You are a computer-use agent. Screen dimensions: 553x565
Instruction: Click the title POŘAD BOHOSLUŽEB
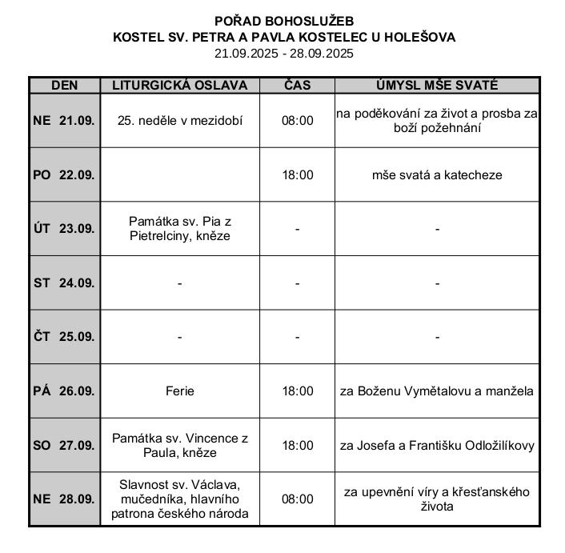coord(283,21)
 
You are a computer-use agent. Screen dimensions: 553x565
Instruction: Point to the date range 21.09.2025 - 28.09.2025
coord(283,54)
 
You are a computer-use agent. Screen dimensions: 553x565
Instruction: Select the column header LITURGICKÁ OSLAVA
coord(180,86)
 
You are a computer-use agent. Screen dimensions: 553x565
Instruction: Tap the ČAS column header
coord(297,86)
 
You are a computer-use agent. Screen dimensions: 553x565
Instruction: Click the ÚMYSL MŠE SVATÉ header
coord(437,86)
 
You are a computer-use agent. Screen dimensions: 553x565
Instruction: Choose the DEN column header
coord(64,86)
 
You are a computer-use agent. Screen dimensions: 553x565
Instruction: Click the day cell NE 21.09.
coord(64,121)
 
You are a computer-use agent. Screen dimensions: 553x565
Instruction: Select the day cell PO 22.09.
coord(64,174)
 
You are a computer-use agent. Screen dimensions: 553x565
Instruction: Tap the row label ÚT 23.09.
coord(64,229)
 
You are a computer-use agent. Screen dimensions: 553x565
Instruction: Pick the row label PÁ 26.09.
coord(64,391)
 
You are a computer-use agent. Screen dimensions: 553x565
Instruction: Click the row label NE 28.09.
coord(64,499)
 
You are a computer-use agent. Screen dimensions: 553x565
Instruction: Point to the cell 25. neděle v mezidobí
coord(180,121)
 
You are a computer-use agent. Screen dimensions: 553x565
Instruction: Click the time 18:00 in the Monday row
coord(297,174)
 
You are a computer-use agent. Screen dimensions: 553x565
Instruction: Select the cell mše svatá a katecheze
coord(437,174)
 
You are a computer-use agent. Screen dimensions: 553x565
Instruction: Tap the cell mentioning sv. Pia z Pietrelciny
coord(180,229)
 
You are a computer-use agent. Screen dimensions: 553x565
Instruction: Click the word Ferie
coord(180,391)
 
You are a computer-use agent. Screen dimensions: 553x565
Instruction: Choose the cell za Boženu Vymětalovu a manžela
coord(437,391)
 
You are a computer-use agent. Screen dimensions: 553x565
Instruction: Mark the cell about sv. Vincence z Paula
coord(180,446)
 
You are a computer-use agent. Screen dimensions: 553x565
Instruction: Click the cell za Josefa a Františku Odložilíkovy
coord(437,446)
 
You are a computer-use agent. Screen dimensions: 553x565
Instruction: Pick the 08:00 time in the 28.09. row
coord(297,499)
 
